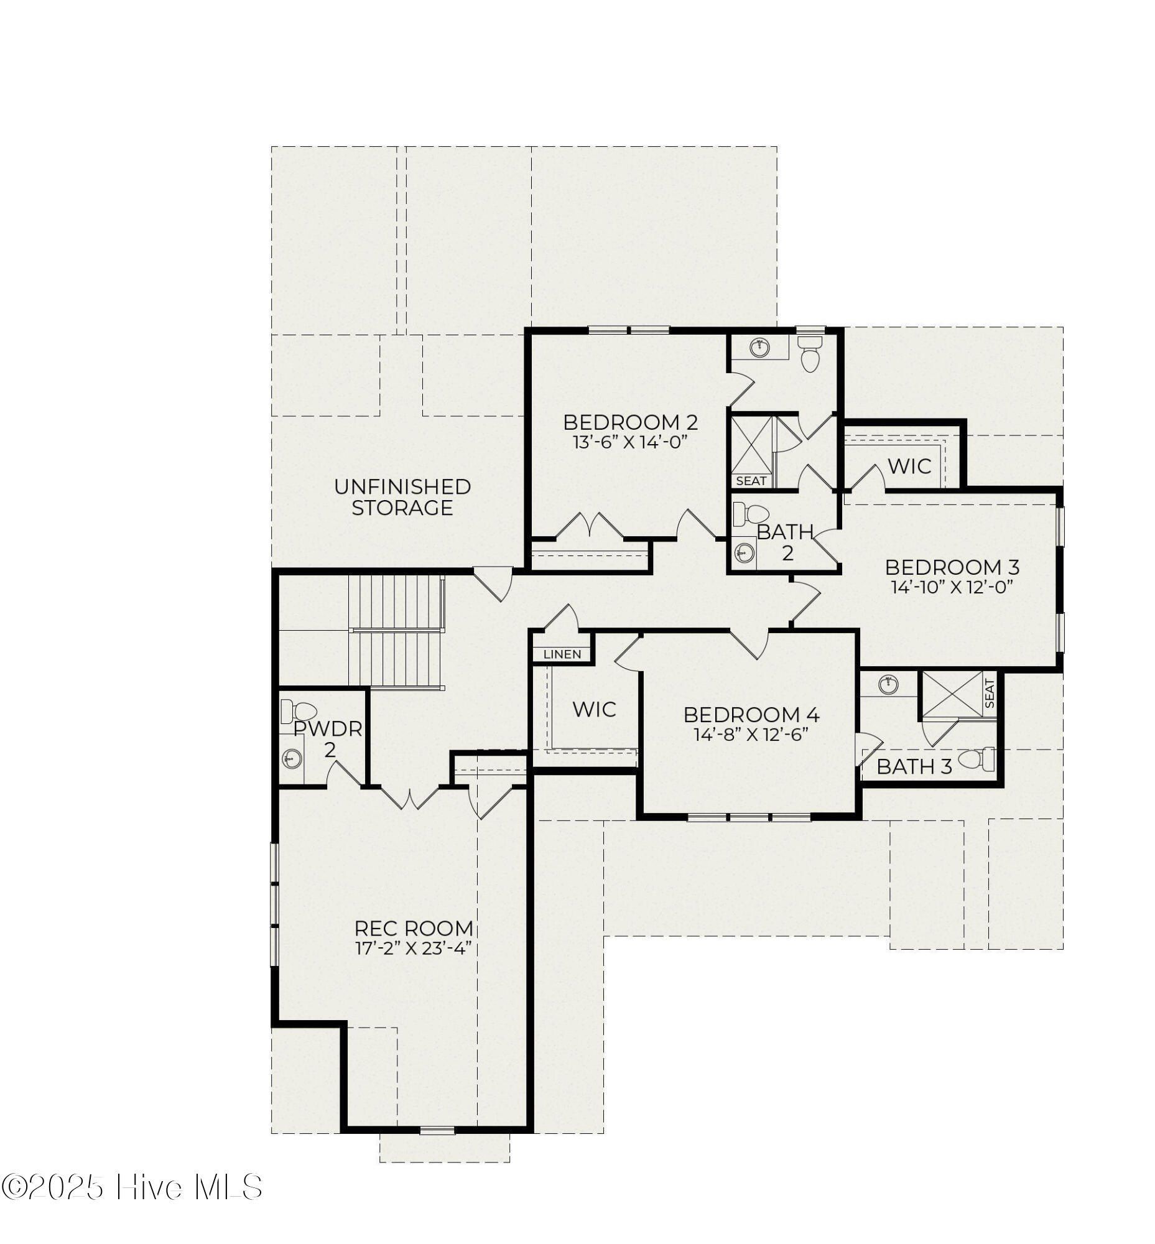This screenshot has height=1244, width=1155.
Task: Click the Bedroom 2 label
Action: [630, 422]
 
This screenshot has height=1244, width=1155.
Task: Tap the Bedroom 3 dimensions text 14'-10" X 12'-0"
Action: [952, 587]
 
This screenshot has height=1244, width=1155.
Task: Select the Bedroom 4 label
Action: [751, 715]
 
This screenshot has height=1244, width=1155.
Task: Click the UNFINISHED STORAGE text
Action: [402, 497]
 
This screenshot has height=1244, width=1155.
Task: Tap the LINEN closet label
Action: [562, 654]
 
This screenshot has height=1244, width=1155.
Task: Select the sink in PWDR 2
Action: [292, 759]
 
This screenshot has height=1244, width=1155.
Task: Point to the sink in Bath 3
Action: [888, 685]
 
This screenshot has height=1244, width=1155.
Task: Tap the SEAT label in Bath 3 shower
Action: [990, 694]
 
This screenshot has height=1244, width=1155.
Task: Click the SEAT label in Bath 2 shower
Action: [751, 481]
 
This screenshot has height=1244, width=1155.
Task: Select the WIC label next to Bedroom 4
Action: [595, 710]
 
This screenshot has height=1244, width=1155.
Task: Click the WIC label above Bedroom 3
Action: [909, 466]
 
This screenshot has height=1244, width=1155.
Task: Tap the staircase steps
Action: [396, 631]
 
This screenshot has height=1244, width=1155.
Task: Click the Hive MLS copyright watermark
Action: [131, 1187]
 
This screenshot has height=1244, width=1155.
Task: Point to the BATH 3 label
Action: [914, 766]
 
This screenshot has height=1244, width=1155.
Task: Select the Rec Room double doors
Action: [409, 797]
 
